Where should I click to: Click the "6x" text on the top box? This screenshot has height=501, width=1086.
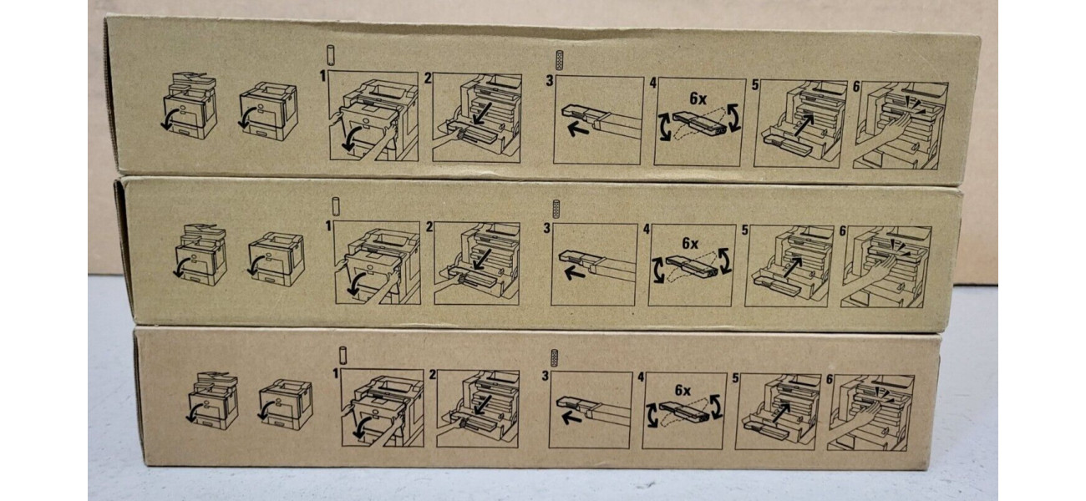tap(698, 99)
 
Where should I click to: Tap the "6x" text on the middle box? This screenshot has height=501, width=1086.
tap(690, 243)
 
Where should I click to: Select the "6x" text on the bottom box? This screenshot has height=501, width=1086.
tap(683, 390)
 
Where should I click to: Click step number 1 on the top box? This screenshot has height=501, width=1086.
tap(323, 76)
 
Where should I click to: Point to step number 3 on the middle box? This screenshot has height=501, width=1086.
tap(547, 228)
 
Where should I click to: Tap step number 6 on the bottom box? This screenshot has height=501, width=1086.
tap(830, 379)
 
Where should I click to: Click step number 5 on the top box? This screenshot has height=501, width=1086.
tap(755, 85)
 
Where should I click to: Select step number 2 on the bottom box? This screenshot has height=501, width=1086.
tap(433, 375)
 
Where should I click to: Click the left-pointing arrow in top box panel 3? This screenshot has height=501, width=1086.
tap(578, 129)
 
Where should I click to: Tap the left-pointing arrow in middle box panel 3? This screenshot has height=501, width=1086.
tap(575, 274)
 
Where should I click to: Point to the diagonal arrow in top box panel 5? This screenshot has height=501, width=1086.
tap(804, 125)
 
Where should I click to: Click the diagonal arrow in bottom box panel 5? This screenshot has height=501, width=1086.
tap(781, 412)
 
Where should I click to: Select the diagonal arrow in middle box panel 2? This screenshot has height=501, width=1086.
tap(482, 260)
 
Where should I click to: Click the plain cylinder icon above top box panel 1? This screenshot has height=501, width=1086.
tap(331, 55)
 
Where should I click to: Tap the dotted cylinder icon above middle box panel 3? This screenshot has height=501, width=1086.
tap(556, 209)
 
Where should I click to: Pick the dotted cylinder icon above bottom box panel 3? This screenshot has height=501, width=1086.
tap(554, 358)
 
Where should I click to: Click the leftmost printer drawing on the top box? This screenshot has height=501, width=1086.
tap(189, 105)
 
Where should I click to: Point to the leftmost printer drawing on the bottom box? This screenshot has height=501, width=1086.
tap(212, 401)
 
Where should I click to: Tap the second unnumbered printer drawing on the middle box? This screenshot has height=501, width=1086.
tap(276, 259)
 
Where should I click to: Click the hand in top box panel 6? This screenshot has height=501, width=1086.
tap(881, 128)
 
